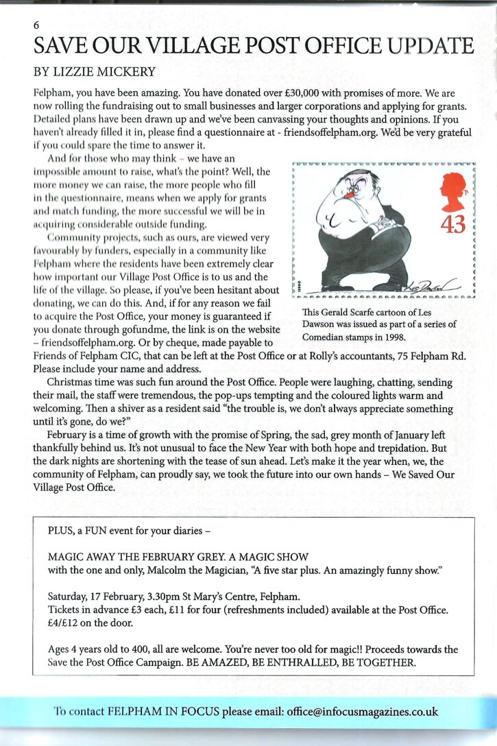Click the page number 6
click(x=36, y=24)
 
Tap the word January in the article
click(x=375, y=436)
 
